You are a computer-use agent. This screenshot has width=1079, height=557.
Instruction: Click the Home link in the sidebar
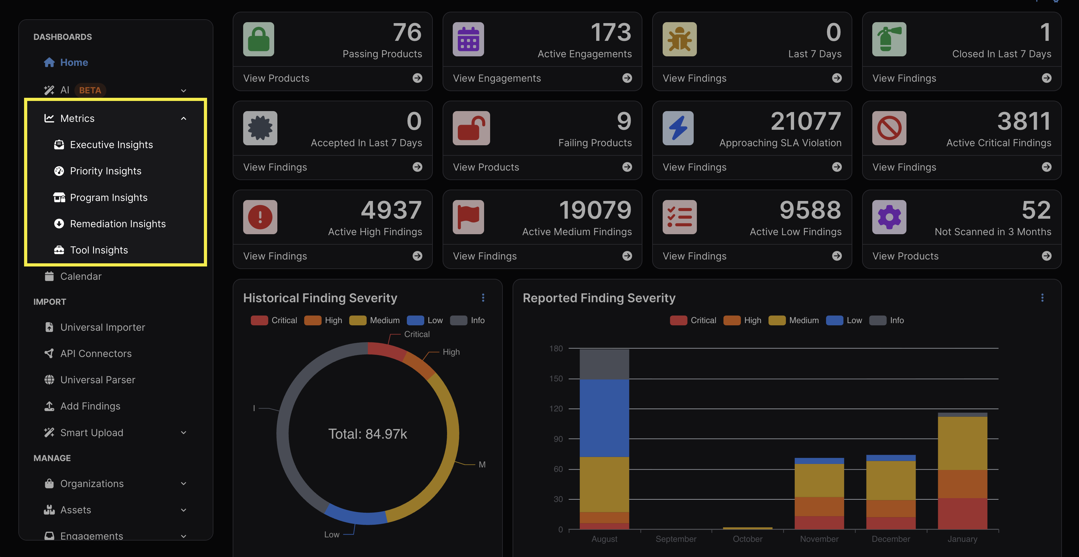73,62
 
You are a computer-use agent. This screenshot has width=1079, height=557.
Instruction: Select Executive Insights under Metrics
111,145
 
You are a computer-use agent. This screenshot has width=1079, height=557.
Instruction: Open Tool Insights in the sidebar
98,250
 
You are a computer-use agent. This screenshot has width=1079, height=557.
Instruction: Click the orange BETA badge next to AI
90,91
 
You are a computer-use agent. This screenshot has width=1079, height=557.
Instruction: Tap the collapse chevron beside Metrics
183,118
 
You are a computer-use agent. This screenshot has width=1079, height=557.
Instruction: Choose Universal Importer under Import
102,327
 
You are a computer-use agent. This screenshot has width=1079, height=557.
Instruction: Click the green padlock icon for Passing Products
258,39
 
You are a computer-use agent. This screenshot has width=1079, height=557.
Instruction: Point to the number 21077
805,122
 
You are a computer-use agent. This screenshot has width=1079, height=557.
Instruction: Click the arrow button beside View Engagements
627,78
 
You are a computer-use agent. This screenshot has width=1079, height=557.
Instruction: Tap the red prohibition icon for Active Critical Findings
889,128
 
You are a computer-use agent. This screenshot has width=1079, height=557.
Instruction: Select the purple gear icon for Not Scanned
889,217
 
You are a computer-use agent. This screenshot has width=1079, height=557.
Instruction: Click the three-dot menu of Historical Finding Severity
483,298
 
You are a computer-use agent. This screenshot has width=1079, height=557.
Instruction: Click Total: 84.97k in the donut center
367,434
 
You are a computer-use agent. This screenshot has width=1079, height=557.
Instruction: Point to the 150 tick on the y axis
556,379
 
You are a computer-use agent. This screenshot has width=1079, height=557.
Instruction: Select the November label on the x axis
819,539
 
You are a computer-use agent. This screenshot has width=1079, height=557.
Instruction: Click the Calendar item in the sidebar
80,276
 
